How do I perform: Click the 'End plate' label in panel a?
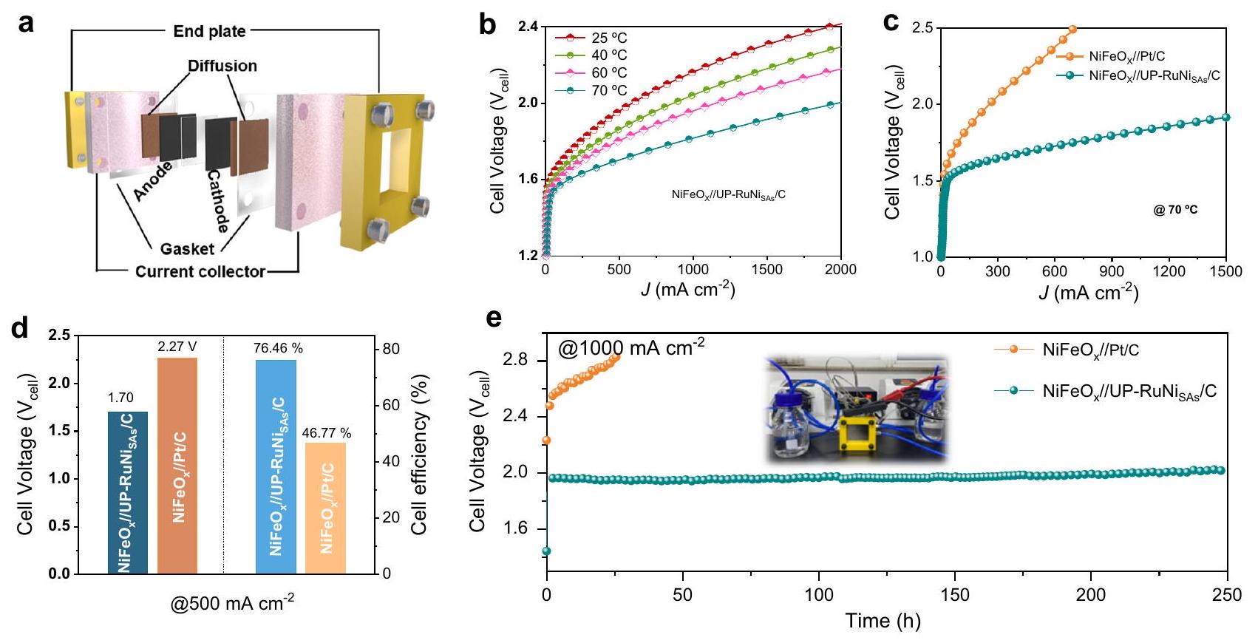pyautogui.click(x=209, y=31)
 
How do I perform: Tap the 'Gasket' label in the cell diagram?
pyautogui.click(x=187, y=249)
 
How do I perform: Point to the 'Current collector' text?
pyautogui.click(x=200, y=272)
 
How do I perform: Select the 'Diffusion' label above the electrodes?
pyautogui.click(x=222, y=66)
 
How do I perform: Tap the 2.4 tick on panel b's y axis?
pyautogui.click(x=527, y=27)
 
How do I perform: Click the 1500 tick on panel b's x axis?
pyautogui.click(x=766, y=270)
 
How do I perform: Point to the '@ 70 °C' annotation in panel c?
pyautogui.click(x=1175, y=210)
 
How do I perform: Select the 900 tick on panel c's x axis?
pyautogui.click(x=1112, y=272)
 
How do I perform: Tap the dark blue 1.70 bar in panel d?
pyautogui.click(x=128, y=492)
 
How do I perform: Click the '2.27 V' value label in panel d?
pyautogui.click(x=177, y=346)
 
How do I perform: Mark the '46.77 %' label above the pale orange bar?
pyautogui.click(x=326, y=433)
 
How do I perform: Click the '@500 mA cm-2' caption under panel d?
pyautogui.click(x=232, y=604)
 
